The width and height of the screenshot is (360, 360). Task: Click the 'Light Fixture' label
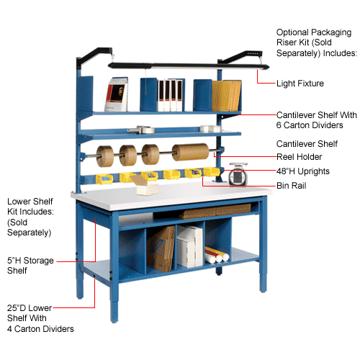pyautogui.click(x=300, y=84)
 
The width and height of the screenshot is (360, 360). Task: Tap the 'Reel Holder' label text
pyautogui.click(x=299, y=157)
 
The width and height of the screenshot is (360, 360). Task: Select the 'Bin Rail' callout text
pyautogui.click(x=292, y=186)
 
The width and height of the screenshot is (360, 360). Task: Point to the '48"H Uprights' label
pyautogui.click(x=303, y=171)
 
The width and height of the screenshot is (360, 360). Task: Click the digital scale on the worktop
pyautogui.click(x=238, y=174)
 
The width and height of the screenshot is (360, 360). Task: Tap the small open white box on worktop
pyautogui.click(x=145, y=184)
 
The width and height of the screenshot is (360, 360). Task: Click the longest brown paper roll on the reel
pyautogui.click(x=191, y=152)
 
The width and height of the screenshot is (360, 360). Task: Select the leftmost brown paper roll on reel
pyautogui.click(x=105, y=156)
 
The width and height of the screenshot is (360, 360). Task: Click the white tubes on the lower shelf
pyautogui.click(x=217, y=255)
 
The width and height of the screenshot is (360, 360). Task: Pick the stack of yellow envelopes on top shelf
pyautogui.click(x=227, y=96)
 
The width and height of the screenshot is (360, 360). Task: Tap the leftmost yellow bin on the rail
pyautogui.click(x=104, y=179)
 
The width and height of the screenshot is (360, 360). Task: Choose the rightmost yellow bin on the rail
pyautogui.click(x=211, y=172)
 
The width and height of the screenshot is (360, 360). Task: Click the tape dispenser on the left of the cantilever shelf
pyautogui.click(x=141, y=130)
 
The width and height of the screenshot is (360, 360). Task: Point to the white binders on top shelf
pyautogui.click(x=170, y=95)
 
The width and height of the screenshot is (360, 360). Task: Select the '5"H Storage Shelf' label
pyautogui.click(x=30, y=266)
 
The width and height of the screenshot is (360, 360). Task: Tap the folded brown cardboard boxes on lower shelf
pyautogui.click(x=161, y=249)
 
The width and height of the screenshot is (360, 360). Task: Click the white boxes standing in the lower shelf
pyautogui.click(x=190, y=247)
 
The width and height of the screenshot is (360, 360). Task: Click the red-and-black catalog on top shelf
pyautogui.click(x=116, y=94)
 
